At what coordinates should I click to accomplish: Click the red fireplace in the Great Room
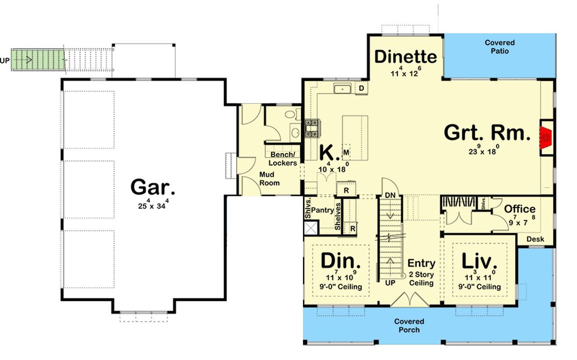(x=546, y=137)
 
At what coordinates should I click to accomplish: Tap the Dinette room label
(x=406, y=57)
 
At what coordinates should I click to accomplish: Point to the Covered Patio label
(x=499, y=47)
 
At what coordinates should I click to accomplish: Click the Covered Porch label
(x=409, y=325)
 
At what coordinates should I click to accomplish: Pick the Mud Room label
(x=270, y=178)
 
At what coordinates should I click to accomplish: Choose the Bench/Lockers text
(x=283, y=159)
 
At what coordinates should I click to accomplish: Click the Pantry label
(x=322, y=210)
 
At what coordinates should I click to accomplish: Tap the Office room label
(x=520, y=209)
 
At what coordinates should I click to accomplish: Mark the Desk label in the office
(x=535, y=239)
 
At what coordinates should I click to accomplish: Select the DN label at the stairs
(x=390, y=195)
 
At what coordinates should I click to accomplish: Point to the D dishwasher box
(x=362, y=88)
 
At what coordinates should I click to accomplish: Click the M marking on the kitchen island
(x=346, y=152)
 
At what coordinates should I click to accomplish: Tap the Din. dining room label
(x=341, y=261)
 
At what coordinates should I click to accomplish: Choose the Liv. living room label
(x=480, y=261)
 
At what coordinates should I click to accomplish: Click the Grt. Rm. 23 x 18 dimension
(x=484, y=151)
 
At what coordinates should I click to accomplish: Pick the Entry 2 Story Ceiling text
(x=421, y=273)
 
